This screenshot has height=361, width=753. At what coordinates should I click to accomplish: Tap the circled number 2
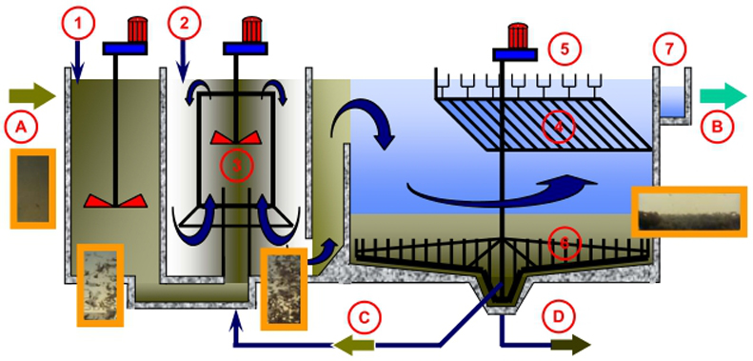pos(184,24)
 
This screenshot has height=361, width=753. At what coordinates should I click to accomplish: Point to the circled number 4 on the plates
pos(558,127)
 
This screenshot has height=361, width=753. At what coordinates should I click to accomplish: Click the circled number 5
pos(565,49)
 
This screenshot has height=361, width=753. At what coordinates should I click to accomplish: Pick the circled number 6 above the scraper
pos(565,243)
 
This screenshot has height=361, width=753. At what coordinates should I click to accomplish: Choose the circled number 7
pos(670,49)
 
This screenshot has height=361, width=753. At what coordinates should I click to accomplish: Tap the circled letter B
pos(718,127)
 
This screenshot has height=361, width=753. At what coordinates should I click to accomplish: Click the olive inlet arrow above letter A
pos(32,95)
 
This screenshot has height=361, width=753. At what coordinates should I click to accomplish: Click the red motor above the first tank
pos(136,30)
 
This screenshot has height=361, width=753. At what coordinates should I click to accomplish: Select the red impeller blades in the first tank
pos(115,201)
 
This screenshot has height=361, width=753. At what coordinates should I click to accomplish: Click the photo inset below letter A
pos(33,189)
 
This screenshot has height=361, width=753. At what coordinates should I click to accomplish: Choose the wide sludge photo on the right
pos(689,211)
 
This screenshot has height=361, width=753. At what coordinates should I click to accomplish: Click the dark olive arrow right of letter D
pos(571,345)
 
